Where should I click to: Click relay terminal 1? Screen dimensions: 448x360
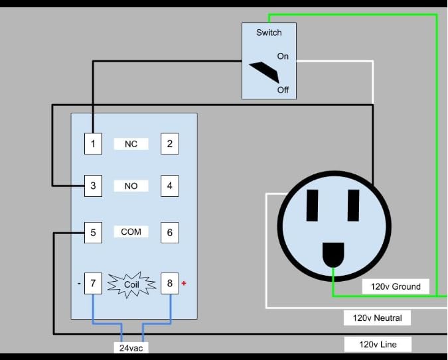click(93, 144)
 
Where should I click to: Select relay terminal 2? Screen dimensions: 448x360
click(170, 144)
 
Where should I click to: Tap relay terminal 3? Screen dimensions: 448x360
click(93, 186)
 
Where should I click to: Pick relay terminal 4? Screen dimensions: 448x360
click(170, 186)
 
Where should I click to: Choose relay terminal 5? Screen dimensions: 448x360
click(93, 233)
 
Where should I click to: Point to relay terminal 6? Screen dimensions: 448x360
click(170, 233)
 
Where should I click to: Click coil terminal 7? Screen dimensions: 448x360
click(93, 283)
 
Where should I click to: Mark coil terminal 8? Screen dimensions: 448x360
click(170, 283)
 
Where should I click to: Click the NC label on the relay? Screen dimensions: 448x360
click(131, 144)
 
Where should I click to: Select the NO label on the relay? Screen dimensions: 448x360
click(131, 186)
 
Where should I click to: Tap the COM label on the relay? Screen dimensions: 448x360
click(131, 231)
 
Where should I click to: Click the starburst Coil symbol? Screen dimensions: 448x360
click(131, 284)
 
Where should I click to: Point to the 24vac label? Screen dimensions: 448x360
click(131, 347)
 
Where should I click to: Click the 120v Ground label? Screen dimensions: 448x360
click(396, 286)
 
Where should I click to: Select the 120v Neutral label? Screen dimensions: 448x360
click(378, 318)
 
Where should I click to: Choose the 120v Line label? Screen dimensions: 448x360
click(378, 344)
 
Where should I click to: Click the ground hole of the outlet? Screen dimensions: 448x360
click(333, 255)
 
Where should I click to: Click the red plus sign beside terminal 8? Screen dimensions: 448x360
click(184, 283)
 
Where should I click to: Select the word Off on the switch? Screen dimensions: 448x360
click(283, 90)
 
